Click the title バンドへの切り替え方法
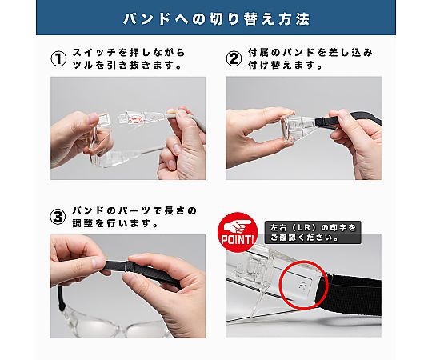pos(216,19)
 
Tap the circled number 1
pos(58,59)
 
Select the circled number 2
pos(234,59)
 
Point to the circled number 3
pos(58,217)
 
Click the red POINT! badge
pos(238,232)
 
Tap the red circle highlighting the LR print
pos(304,285)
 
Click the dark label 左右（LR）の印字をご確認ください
pos(313,233)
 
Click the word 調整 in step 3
pos(82,223)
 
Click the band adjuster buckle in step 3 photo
pos(129,266)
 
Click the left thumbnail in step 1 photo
pos(92,118)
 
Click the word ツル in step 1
pos(83,66)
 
